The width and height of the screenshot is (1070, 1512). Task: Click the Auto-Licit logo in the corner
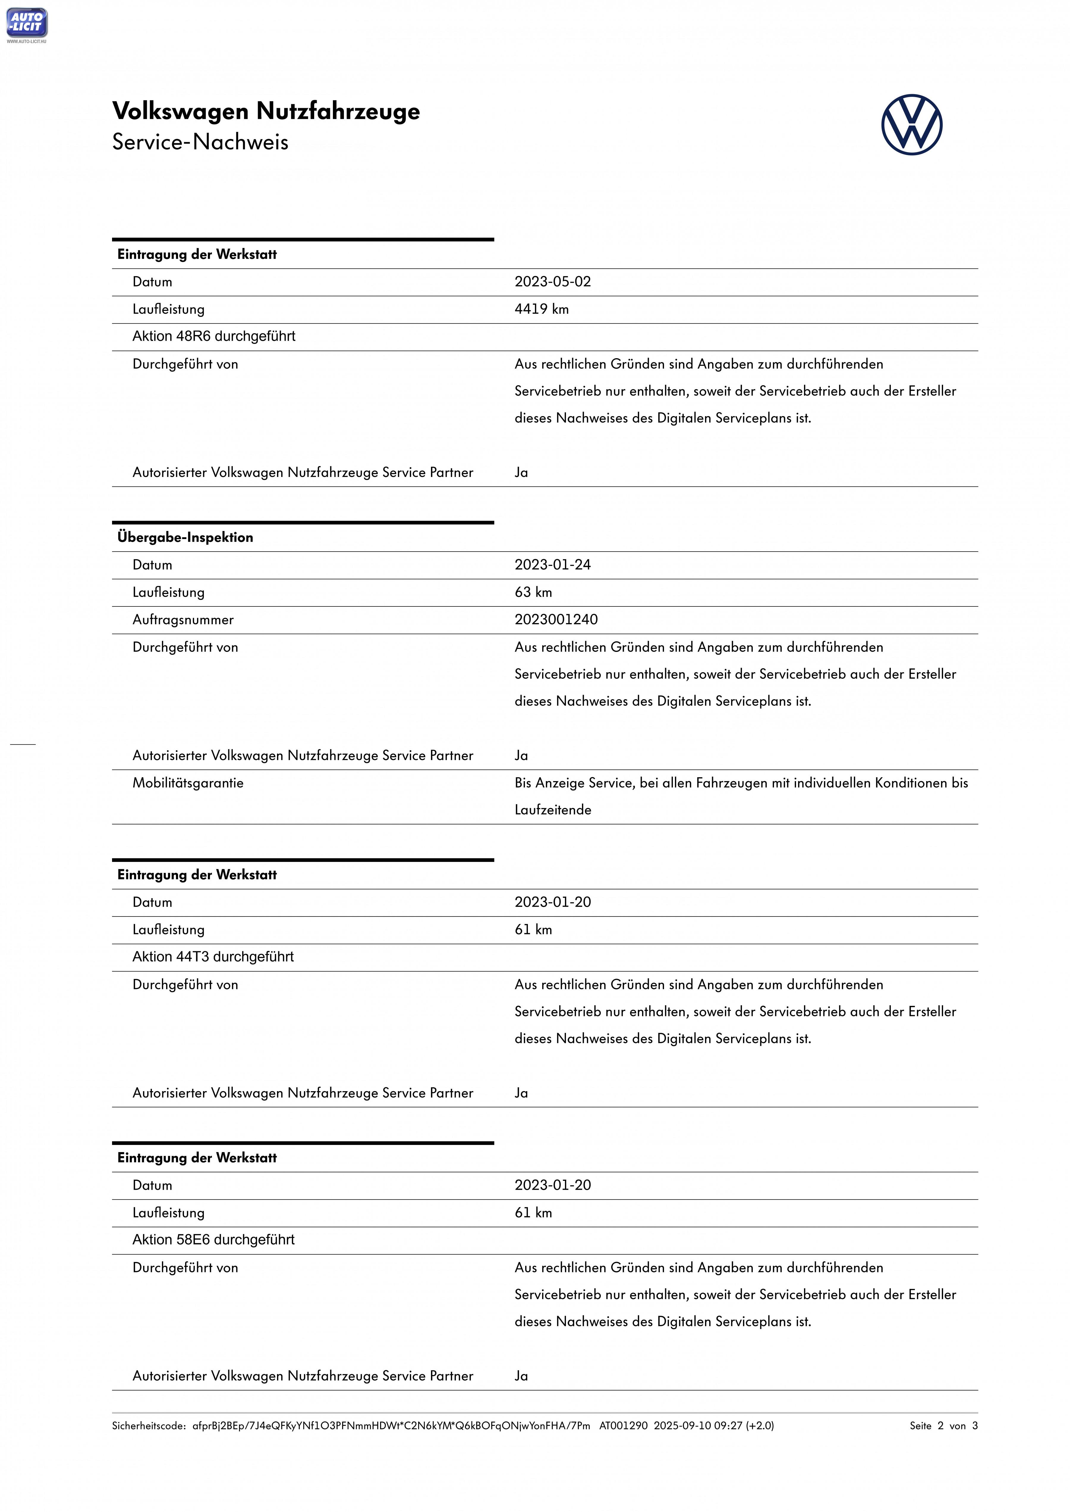[x=26, y=23]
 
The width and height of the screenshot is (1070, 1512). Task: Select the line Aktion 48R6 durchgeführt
[x=213, y=336]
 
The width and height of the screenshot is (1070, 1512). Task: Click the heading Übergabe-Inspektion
[x=185, y=537]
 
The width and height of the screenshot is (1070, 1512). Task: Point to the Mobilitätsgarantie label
[x=188, y=783]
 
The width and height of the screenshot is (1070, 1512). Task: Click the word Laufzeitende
[x=553, y=810]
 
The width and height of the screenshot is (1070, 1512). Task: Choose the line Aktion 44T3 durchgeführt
[x=213, y=957]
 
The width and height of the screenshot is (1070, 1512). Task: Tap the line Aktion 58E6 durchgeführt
[x=213, y=1240]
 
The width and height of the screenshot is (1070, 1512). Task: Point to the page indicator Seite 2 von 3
[x=943, y=1426]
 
